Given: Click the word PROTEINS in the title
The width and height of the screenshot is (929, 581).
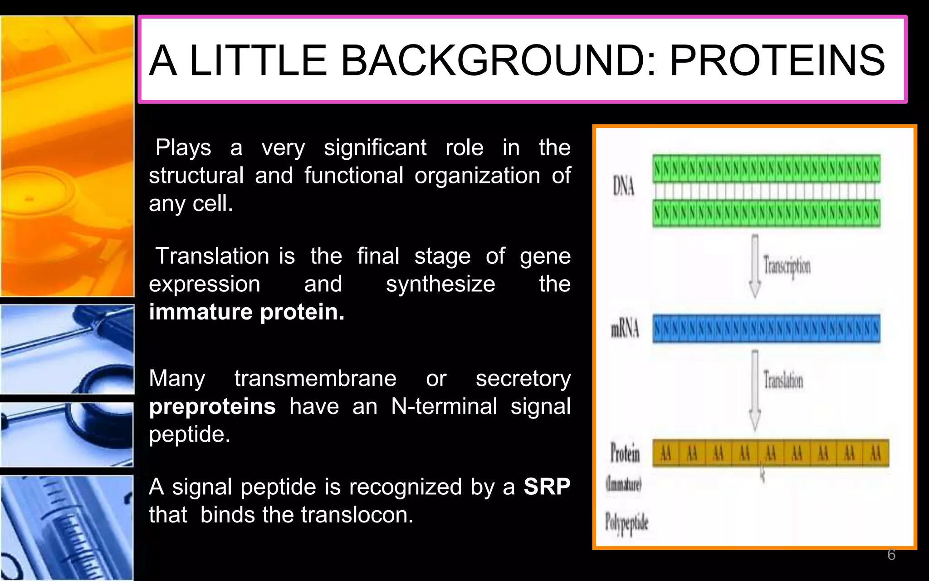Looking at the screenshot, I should tap(777, 60).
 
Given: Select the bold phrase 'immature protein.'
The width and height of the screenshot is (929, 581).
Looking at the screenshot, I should tap(247, 312).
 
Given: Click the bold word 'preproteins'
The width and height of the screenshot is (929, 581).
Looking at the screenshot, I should tap(212, 407).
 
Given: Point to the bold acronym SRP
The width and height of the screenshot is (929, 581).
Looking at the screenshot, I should tap(547, 487).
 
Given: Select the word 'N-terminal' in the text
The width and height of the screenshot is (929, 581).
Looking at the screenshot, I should tap(444, 406).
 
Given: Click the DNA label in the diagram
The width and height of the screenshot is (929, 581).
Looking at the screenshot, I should tap(623, 186).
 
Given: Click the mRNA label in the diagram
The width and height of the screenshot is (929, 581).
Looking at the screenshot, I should tap(625, 328).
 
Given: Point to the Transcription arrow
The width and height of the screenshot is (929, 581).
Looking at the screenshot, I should tap(755, 266).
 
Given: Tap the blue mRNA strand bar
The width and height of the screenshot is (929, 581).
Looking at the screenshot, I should tap(766, 329).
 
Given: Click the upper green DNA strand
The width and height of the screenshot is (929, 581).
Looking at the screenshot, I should tap(766, 169).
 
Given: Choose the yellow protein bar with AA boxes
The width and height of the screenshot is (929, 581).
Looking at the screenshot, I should tap(770, 453).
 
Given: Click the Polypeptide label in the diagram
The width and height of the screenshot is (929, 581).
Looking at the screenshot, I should tap(626, 523).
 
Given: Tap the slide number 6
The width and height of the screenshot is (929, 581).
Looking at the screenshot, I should tap(891, 555).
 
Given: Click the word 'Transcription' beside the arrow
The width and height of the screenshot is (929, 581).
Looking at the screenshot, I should tap(787, 266).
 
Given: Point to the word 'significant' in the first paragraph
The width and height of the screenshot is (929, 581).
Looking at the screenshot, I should tap(375, 148).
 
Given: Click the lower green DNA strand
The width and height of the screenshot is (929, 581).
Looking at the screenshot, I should tap(766, 213).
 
